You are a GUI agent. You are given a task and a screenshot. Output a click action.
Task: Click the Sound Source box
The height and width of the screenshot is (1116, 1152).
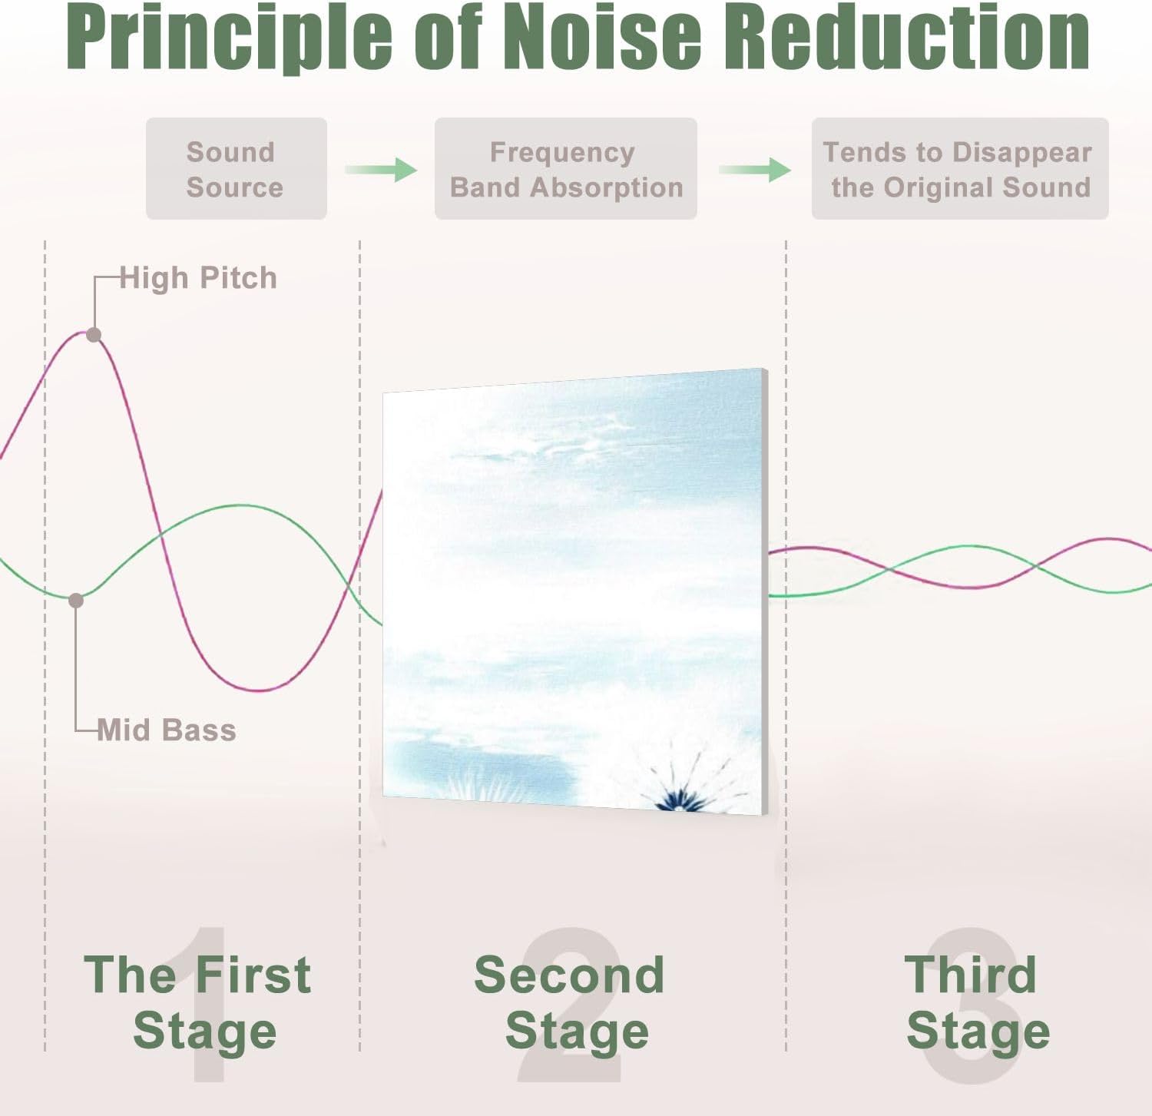[x=237, y=169]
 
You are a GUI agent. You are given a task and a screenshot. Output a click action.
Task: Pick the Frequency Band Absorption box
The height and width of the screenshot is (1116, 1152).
[x=566, y=169]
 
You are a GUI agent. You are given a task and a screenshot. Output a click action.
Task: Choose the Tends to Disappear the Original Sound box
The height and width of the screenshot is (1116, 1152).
[x=960, y=169]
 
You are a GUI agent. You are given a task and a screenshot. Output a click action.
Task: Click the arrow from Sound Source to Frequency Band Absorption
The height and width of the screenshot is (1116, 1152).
[x=381, y=169]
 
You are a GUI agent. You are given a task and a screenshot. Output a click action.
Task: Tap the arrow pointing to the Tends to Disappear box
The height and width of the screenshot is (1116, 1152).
[x=755, y=169]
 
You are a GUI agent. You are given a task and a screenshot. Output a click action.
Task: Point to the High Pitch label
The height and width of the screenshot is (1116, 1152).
[x=198, y=278]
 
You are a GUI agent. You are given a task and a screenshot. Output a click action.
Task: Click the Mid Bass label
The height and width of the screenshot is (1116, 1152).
[x=167, y=730]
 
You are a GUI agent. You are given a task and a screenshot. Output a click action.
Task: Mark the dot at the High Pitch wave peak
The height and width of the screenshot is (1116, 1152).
[x=94, y=335]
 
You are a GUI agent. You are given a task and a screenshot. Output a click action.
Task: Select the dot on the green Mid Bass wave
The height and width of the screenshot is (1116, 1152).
[x=76, y=601]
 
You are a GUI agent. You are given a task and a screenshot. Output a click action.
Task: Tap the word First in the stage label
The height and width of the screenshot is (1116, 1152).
[x=253, y=975]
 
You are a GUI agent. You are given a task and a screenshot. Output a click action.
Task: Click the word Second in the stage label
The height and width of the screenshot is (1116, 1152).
[x=569, y=975]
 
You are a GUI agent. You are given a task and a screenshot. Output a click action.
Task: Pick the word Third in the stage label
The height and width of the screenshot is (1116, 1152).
[x=971, y=975]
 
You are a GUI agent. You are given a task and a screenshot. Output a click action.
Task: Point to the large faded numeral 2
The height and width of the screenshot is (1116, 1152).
[x=569, y=1005]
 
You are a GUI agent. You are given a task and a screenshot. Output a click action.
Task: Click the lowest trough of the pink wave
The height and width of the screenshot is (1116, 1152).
[x=260, y=690]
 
